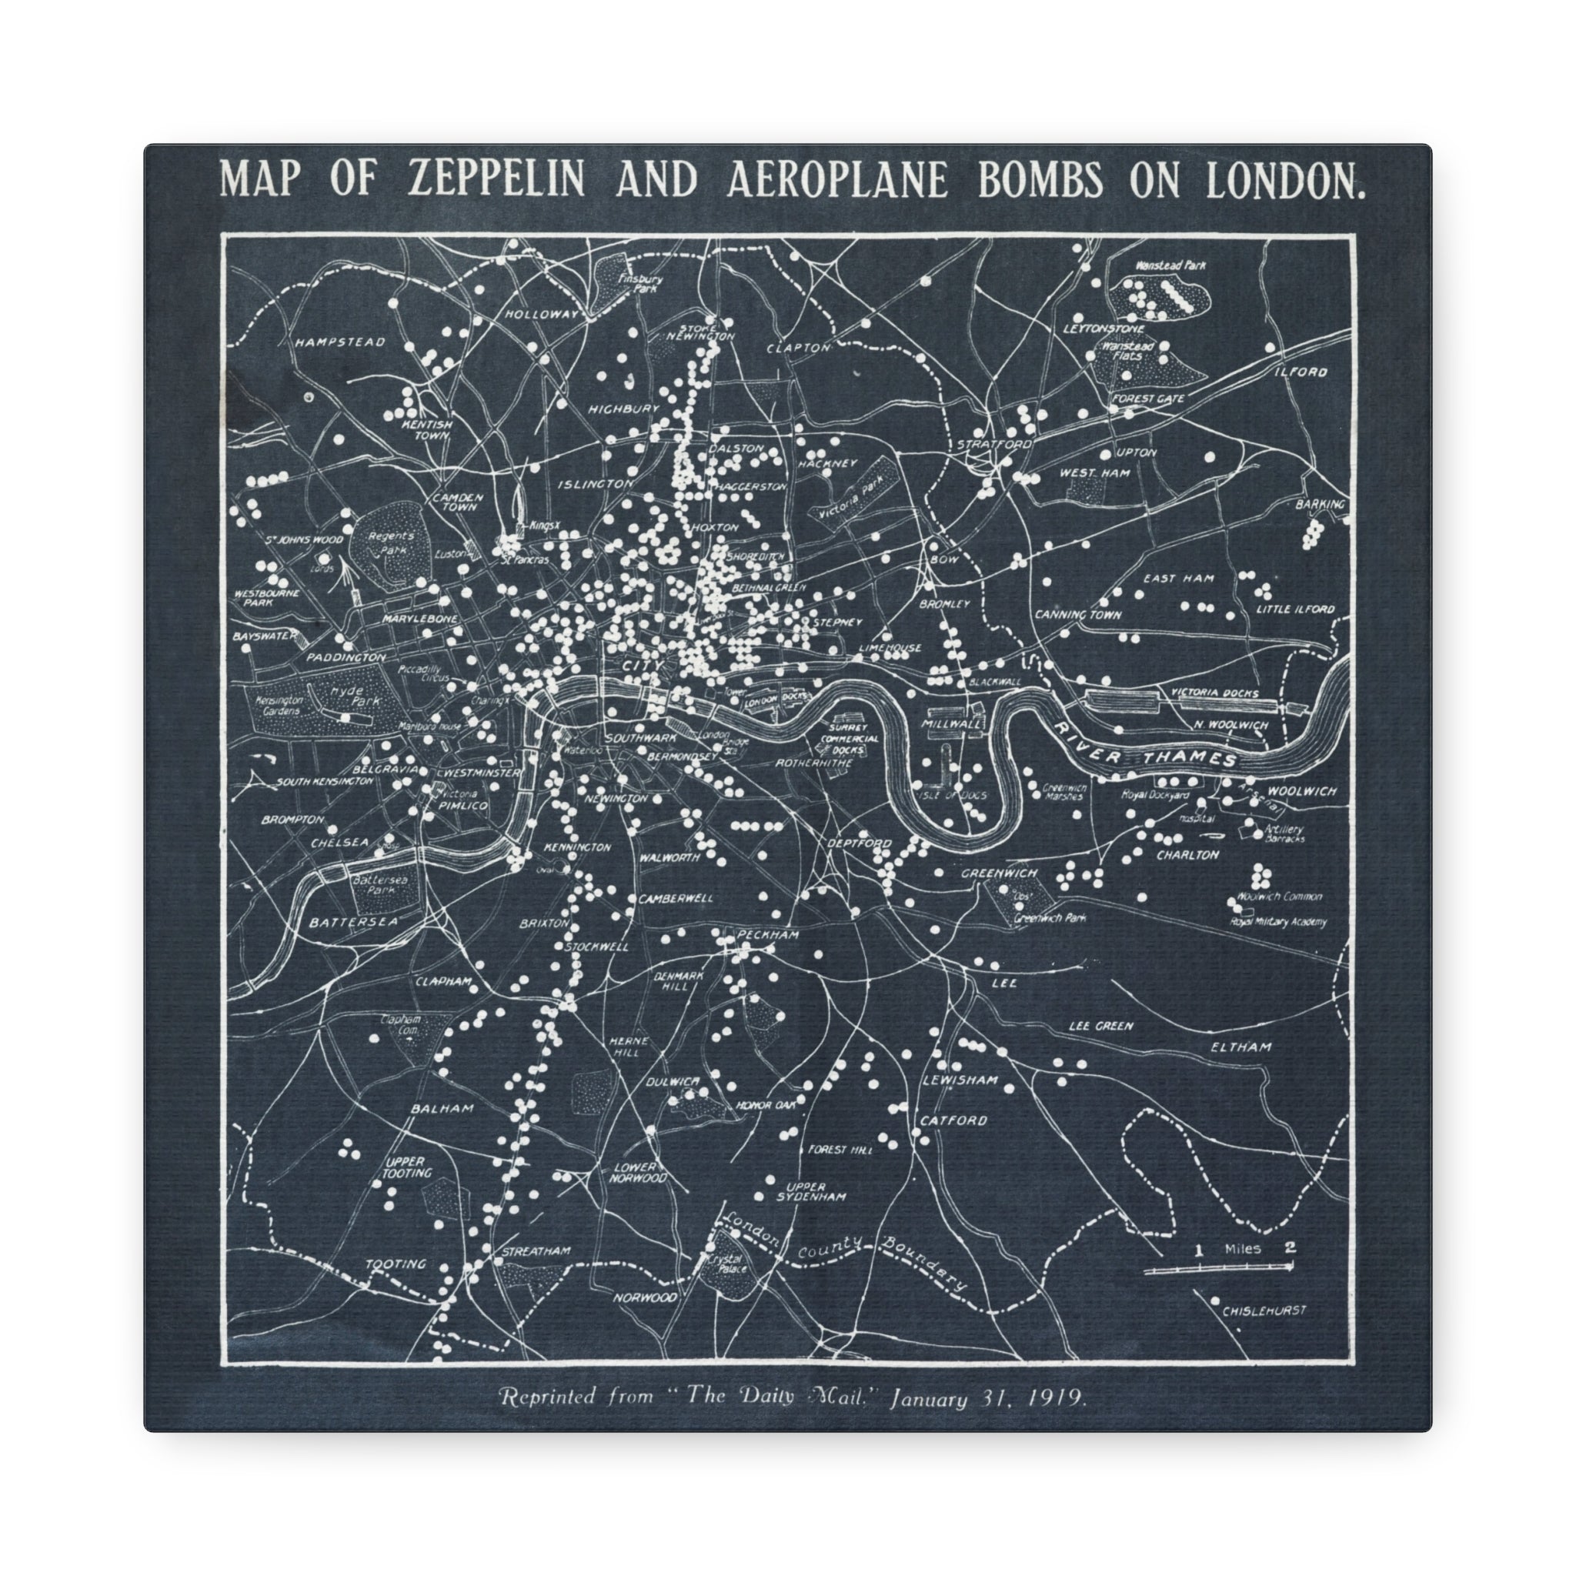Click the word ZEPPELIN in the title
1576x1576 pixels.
pos(496,179)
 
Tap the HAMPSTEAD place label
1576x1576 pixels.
pos(339,342)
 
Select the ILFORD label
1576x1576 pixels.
pos(1301,372)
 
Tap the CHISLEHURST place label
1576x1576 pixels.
pos(1264,1311)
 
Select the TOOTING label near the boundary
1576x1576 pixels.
pos(396,1264)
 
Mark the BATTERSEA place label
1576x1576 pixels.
pos(353,922)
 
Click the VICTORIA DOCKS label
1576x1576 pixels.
pos(1214,693)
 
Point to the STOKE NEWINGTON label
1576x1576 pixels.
pos(700,332)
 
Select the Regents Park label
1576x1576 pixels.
pos(391,543)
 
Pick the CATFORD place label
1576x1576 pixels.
pos(953,1120)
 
